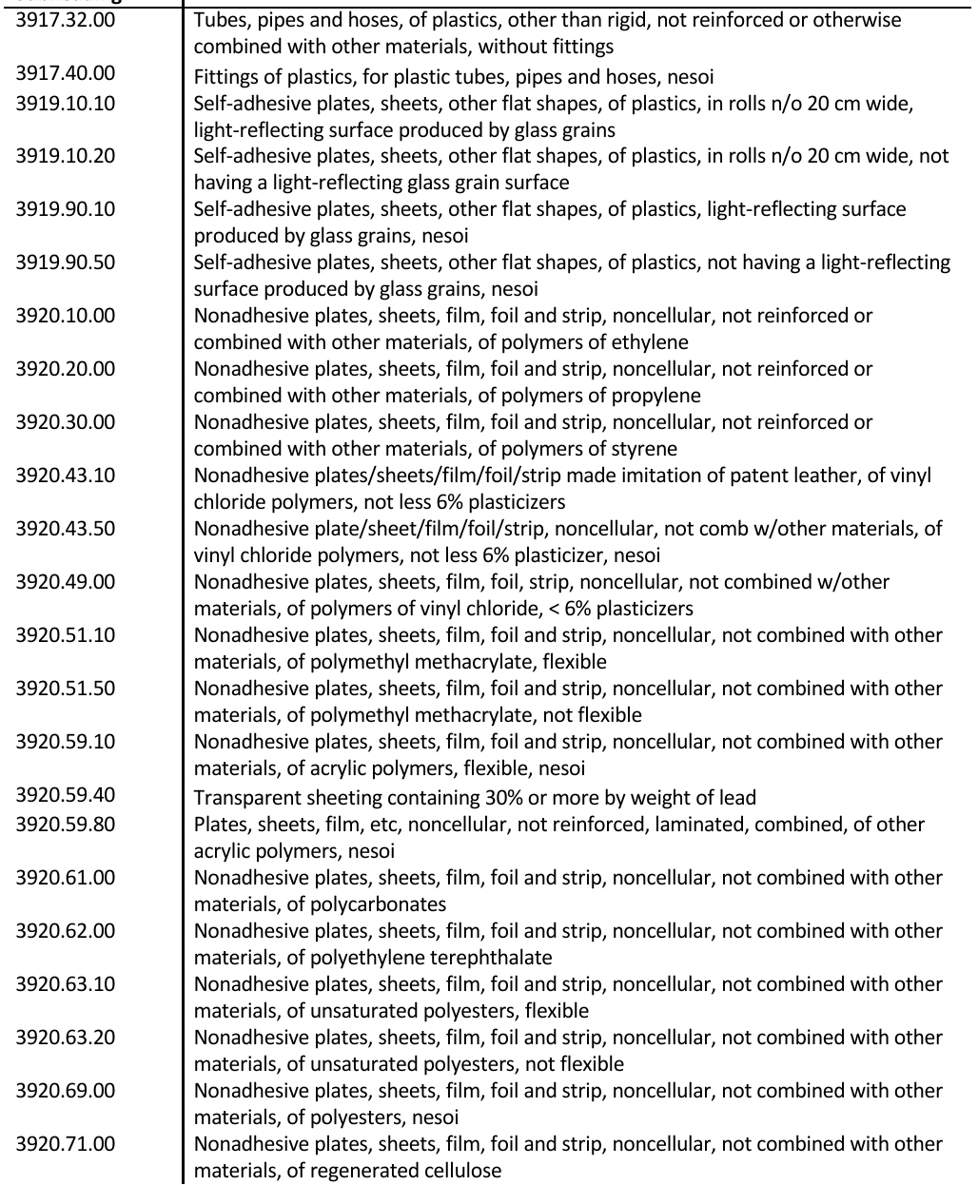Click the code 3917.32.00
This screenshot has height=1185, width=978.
coord(64,19)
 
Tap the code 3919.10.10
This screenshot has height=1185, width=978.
coord(64,103)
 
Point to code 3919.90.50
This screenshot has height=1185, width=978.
coord(64,262)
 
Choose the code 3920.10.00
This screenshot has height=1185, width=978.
coord(64,316)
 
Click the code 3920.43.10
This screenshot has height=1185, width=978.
coord(64,476)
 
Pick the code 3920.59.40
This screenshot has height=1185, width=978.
coord(64,797)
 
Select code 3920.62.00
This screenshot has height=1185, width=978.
coord(64,931)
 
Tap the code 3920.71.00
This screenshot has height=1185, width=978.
coord(64,1144)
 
